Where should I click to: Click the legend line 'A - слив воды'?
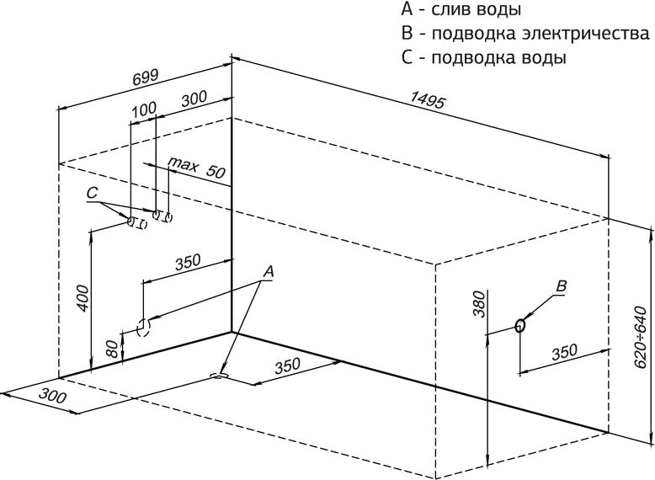pyautogui.click(x=461, y=10)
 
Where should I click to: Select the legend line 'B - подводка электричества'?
pyautogui.click(x=526, y=35)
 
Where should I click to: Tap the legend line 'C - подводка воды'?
pyautogui.click(x=484, y=59)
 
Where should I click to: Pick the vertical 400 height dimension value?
pyautogui.click(x=82, y=297)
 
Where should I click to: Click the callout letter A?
pyautogui.click(x=269, y=271)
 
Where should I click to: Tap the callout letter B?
pyautogui.click(x=562, y=286)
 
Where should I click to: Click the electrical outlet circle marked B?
pyautogui.click(x=520, y=325)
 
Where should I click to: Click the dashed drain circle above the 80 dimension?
pyautogui.click(x=143, y=326)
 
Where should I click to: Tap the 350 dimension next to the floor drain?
pyautogui.click(x=287, y=366)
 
